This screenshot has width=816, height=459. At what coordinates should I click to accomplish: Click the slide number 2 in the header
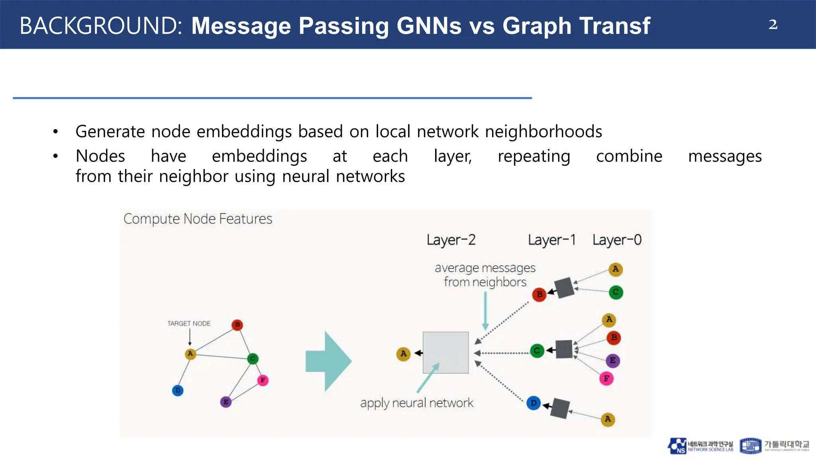pyautogui.click(x=773, y=25)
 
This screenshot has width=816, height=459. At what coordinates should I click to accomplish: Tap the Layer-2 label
pyautogui.click(x=451, y=240)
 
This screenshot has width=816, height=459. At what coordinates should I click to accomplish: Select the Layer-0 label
pyautogui.click(x=617, y=240)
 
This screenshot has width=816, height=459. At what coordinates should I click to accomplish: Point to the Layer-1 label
pyautogui.click(x=552, y=240)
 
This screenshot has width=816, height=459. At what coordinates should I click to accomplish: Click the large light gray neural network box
pyautogui.click(x=445, y=352)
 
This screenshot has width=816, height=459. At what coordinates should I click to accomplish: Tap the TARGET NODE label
pyautogui.click(x=189, y=323)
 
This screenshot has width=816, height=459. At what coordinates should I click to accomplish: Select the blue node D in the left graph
pyautogui.click(x=178, y=390)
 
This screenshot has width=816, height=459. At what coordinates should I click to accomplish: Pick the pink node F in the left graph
pyautogui.click(x=263, y=380)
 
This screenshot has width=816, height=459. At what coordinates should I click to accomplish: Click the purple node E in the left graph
pyautogui.click(x=226, y=402)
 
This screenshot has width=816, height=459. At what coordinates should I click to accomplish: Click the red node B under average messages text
pyautogui.click(x=539, y=294)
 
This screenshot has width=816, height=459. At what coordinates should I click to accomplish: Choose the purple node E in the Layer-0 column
pyautogui.click(x=612, y=361)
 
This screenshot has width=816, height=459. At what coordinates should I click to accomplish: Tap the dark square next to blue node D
pyautogui.click(x=560, y=408)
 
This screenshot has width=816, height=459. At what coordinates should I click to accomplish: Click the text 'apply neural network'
pyautogui.click(x=417, y=403)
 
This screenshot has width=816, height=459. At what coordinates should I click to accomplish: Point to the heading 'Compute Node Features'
pyautogui.click(x=198, y=219)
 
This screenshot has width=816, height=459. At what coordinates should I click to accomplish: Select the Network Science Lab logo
pyautogui.click(x=700, y=446)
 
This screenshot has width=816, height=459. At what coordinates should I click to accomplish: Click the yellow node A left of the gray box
pyautogui.click(x=403, y=353)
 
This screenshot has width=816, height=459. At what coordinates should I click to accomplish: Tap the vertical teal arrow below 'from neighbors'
pyautogui.click(x=485, y=311)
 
